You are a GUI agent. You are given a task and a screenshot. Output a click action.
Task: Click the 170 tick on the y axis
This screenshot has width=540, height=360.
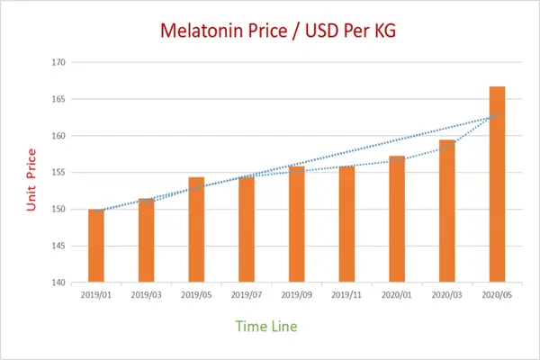(58, 62)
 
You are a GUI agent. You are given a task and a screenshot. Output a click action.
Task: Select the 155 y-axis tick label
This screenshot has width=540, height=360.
(58, 173)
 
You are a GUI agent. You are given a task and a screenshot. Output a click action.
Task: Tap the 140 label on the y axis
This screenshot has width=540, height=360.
(58, 283)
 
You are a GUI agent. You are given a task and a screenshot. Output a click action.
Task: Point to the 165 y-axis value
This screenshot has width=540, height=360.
(58, 99)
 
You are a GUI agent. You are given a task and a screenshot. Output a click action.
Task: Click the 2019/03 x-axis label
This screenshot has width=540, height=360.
(146, 293)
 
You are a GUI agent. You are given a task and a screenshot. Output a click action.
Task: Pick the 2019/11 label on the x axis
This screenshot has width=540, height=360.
(346, 293)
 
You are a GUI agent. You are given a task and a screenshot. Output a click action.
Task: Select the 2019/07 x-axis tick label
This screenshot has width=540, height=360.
(246, 293)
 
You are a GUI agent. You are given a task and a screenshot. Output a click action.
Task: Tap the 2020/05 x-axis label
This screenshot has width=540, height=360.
(497, 293)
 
